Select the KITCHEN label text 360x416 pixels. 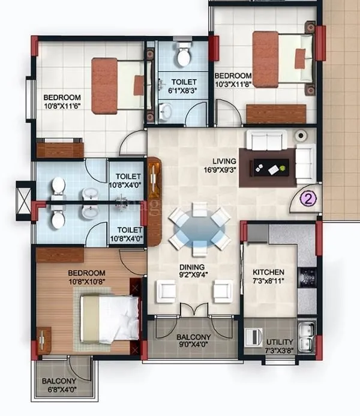point(268,272)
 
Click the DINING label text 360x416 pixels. point(191,267)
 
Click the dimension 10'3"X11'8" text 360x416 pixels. point(234,84)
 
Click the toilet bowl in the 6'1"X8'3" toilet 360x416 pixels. point(182,56)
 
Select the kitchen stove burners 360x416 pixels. point(308,277)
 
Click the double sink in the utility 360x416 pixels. point(307,331)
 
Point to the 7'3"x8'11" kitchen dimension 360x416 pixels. point(268,280)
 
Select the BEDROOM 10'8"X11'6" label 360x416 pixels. point(62,101)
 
